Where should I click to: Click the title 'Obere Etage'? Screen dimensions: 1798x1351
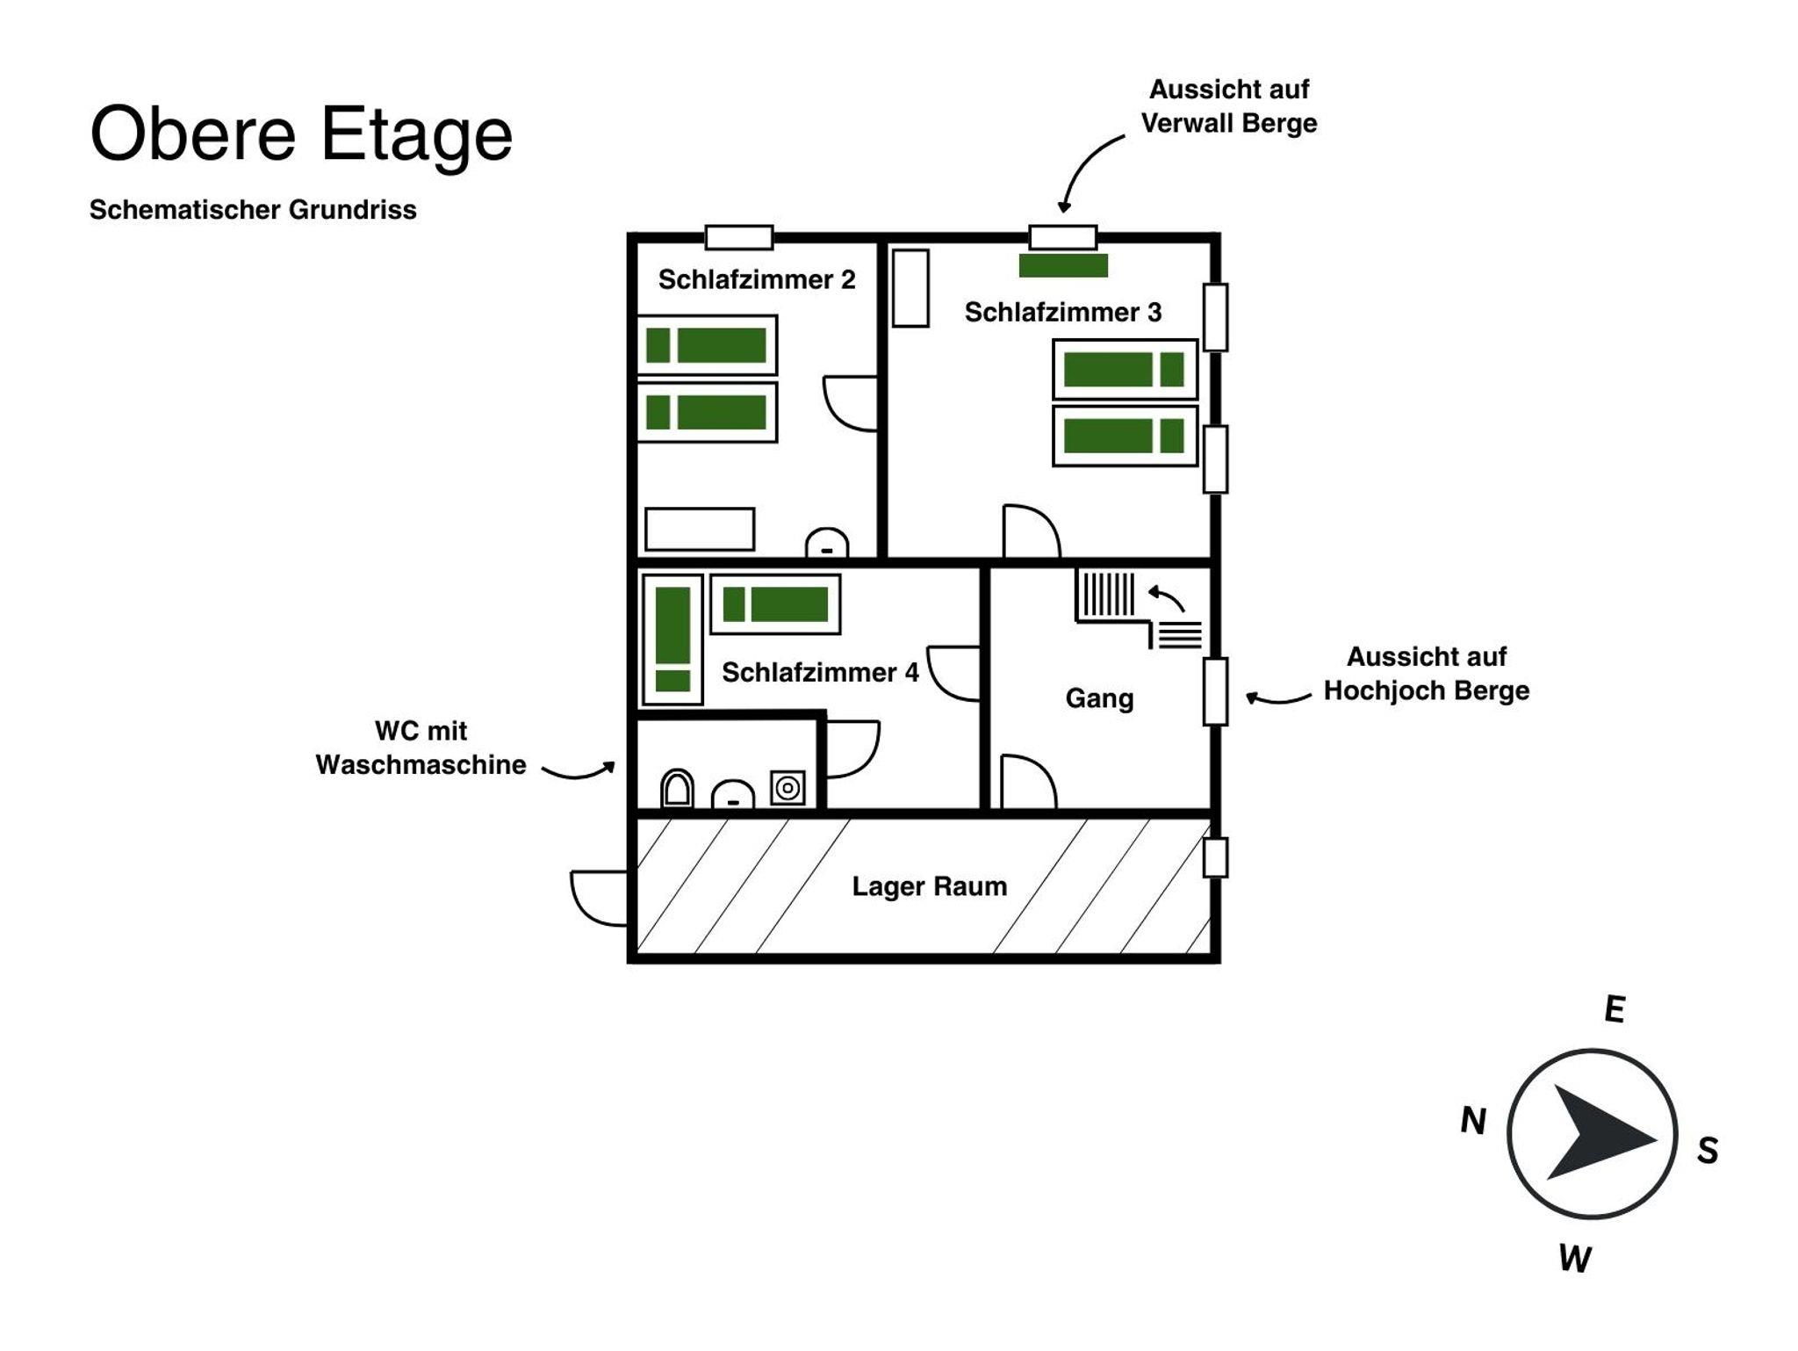click(x=301, y=134)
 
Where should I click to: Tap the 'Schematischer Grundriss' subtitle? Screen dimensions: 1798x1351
click(x=253, y=210)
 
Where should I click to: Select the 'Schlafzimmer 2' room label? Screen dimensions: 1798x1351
click(x=757, y=279)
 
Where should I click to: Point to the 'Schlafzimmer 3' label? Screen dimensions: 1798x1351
click(x=1063, y=312)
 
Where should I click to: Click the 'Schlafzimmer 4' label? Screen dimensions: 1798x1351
click(x=820, y=672)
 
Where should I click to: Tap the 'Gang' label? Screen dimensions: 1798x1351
click(x=1099, y=698)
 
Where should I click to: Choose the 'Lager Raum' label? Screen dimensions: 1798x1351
click(x=930, y=886)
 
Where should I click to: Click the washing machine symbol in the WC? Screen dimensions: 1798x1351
click(x=788, y=788)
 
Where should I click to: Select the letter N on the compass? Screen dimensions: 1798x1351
click(x=1473, y=1121)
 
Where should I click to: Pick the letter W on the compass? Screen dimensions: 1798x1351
click(x=1575, y=1259)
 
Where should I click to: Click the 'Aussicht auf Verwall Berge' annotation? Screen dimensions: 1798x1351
click(x=1229, y=106)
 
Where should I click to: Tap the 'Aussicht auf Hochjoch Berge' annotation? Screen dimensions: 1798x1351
click(x=1427, y=674)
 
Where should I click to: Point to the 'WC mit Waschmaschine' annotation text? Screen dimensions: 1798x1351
click(x=421, y=748)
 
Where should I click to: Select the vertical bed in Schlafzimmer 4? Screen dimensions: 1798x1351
click(x=672, y=639)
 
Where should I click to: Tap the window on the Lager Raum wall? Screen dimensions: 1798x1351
click(x=1215, y=857)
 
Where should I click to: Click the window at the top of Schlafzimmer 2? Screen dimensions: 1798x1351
click(x=739, y=237)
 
